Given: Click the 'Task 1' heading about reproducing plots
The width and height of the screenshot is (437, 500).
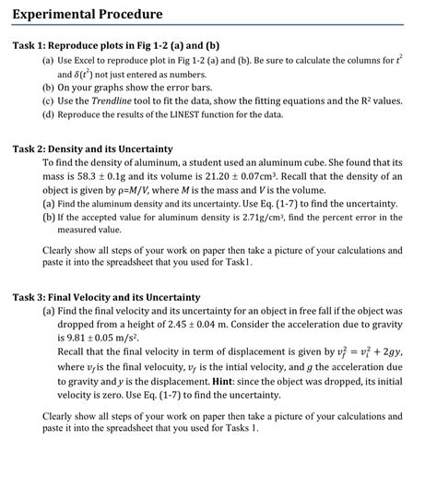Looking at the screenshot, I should click(x=116, y=45).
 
